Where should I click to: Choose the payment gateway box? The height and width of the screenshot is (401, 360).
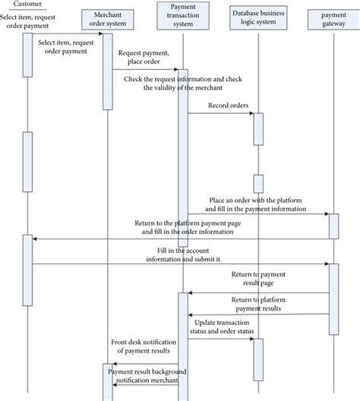(333, 20)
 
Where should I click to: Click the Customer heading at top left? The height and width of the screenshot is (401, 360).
(27, 4)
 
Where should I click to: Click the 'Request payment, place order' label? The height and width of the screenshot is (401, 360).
(144, 58)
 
